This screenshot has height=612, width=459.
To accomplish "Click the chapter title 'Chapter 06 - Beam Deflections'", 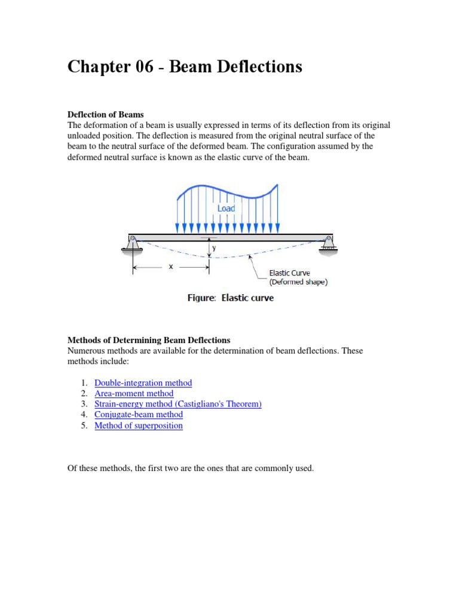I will [x=185, y=68].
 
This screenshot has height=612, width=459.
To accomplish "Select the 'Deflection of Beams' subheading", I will [x=106, y=114].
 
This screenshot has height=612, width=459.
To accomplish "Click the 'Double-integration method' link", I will [x=143, y=382].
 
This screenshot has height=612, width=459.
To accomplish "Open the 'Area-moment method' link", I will [x=134, y=393].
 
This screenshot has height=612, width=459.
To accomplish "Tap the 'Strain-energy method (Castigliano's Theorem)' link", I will [x=178, y=404].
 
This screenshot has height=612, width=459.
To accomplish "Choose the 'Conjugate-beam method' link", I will [x=139, y=415].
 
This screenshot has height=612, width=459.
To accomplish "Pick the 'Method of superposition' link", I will [x=139, y=426].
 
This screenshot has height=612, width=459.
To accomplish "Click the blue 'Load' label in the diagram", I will [x=226, y=208].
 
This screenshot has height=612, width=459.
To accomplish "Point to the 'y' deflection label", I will [x=213, y=247].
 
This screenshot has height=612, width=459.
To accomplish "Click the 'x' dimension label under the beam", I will [x=170, y=267].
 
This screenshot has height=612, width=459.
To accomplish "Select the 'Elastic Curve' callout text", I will [x=289, y=273].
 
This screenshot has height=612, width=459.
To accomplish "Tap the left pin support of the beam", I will [x=133, y=244].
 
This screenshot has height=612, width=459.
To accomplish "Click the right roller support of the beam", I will [x=328, y=244].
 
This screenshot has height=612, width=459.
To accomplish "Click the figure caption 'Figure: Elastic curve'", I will [x=230, y=298].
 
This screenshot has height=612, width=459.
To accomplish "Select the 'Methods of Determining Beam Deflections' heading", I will [x=149, y=340].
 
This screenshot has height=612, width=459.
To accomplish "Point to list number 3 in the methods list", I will [x=83, y=404].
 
